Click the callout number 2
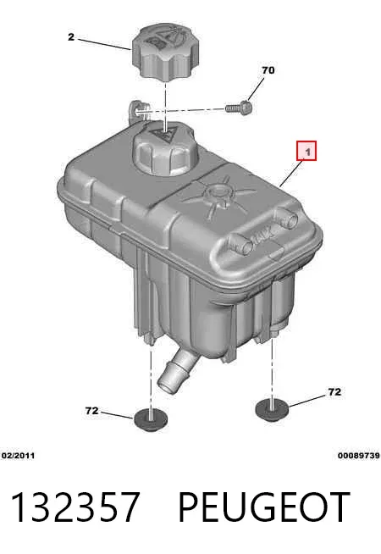pyautogui.click(x=71, y=36)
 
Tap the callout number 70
pyautogui.click(x=268, y=70)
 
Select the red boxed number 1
pyautogui.click(x=306, y=151)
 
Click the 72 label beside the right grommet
pyautogui.click(x=334, y=392)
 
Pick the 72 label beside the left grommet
pyautogui.click(x=91, y=411)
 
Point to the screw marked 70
pyautogui.click(x=239, y=107)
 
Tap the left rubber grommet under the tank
pyautogui.click(x=151, y=419)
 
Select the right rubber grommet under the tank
pyautogui.click(x=272, y=410)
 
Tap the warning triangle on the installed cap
pyautogui.click(x=164, y=135)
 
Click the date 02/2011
pyautogui.click(x=18, y=456)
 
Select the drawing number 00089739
pyautogui.click(x=359, y=456)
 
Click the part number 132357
pyautogui.click(x=75, y=507)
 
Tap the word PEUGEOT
pyautogui.click(x=264, y=507)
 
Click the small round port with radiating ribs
pyautogui.click(x=218, y=193)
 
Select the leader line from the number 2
pyautogui.click(x=104, y=45)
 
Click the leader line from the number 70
pyautogui.click(x=256, y=88)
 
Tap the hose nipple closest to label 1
pyautogui.click(x=286, y=218)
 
